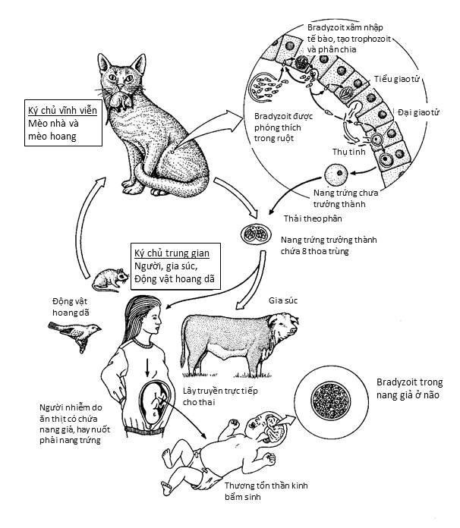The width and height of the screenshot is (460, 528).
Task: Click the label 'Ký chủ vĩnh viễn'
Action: click(x=58, y=108)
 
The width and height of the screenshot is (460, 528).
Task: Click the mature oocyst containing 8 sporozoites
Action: click(x=253, y=232)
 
